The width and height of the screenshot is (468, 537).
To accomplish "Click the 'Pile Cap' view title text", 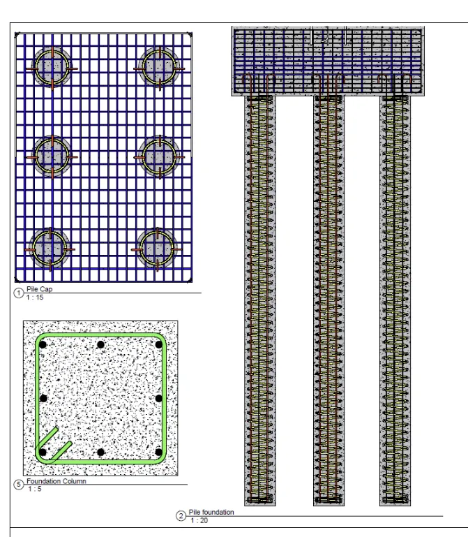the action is coord(39,289).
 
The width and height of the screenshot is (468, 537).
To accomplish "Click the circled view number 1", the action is coord(18,293).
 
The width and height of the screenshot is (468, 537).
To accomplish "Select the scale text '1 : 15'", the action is coord(35,297).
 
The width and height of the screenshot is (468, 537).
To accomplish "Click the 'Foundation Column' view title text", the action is coord(56,481).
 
